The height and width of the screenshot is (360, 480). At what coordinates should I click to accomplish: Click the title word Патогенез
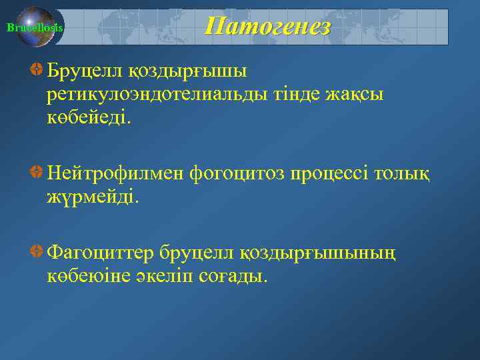pos(267,27)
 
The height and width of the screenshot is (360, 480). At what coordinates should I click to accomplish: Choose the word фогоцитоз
pos(237,174)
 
